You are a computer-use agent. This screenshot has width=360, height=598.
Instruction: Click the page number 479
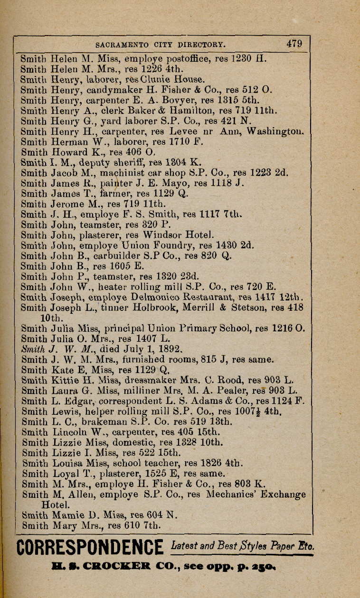[x=294, y=44]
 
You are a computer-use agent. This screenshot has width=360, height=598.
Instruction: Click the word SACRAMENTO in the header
[x=119, y=45]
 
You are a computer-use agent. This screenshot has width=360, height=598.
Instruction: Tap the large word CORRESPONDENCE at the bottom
[x=90, y=548]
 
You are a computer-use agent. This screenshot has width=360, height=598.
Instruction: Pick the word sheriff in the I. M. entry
[x=131, y=163]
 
